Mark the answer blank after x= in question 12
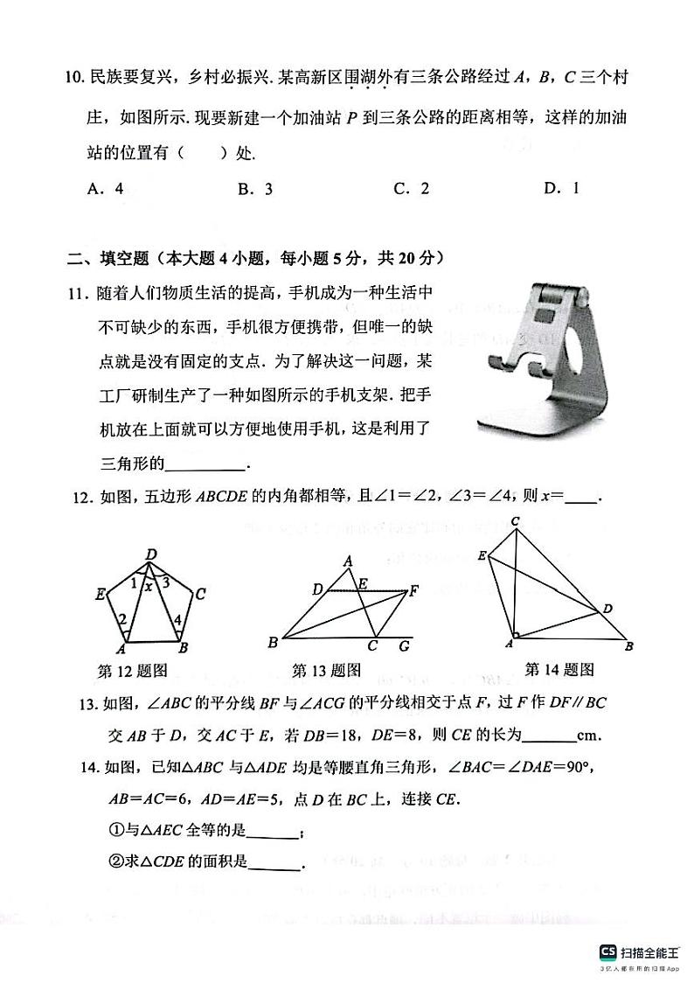[581, 498]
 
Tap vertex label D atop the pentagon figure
[150, 554]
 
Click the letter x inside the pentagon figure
[149, 587]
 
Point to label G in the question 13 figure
[403, 646]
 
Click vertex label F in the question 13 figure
[414, 590]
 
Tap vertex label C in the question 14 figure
[516, 522]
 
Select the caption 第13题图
[326, 670]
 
